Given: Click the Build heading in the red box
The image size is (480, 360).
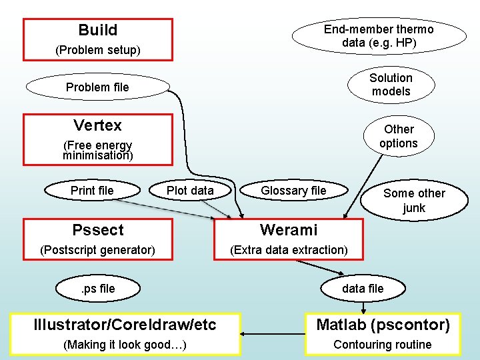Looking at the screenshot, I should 97,30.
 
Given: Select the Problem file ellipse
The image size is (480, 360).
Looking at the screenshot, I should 97,87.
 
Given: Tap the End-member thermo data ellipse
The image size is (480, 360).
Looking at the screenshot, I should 379,35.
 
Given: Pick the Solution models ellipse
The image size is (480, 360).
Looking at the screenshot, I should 391,85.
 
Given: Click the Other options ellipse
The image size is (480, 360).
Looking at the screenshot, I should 399,136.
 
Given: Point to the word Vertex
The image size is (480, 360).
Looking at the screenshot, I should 97,125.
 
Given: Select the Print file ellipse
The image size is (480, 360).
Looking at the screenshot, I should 92,191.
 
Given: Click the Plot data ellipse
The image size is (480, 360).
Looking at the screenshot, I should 190,191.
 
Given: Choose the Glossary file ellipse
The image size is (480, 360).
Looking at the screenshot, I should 293,191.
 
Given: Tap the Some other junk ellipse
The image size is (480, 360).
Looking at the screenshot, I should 414,200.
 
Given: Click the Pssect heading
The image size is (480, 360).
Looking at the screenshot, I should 97,230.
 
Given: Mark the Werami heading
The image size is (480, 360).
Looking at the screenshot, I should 289,230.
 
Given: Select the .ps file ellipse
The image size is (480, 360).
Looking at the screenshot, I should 97,289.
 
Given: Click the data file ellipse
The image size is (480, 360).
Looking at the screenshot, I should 363,289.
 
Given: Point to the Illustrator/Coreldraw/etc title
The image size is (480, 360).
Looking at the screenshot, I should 125,325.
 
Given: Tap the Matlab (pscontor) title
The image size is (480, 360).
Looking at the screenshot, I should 383,325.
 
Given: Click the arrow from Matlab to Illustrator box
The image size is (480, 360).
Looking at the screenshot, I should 273,333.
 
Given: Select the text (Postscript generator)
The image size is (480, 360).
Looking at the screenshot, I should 97,250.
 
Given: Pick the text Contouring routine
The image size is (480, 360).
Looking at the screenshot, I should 383,345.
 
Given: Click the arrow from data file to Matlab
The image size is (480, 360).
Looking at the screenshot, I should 363,307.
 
